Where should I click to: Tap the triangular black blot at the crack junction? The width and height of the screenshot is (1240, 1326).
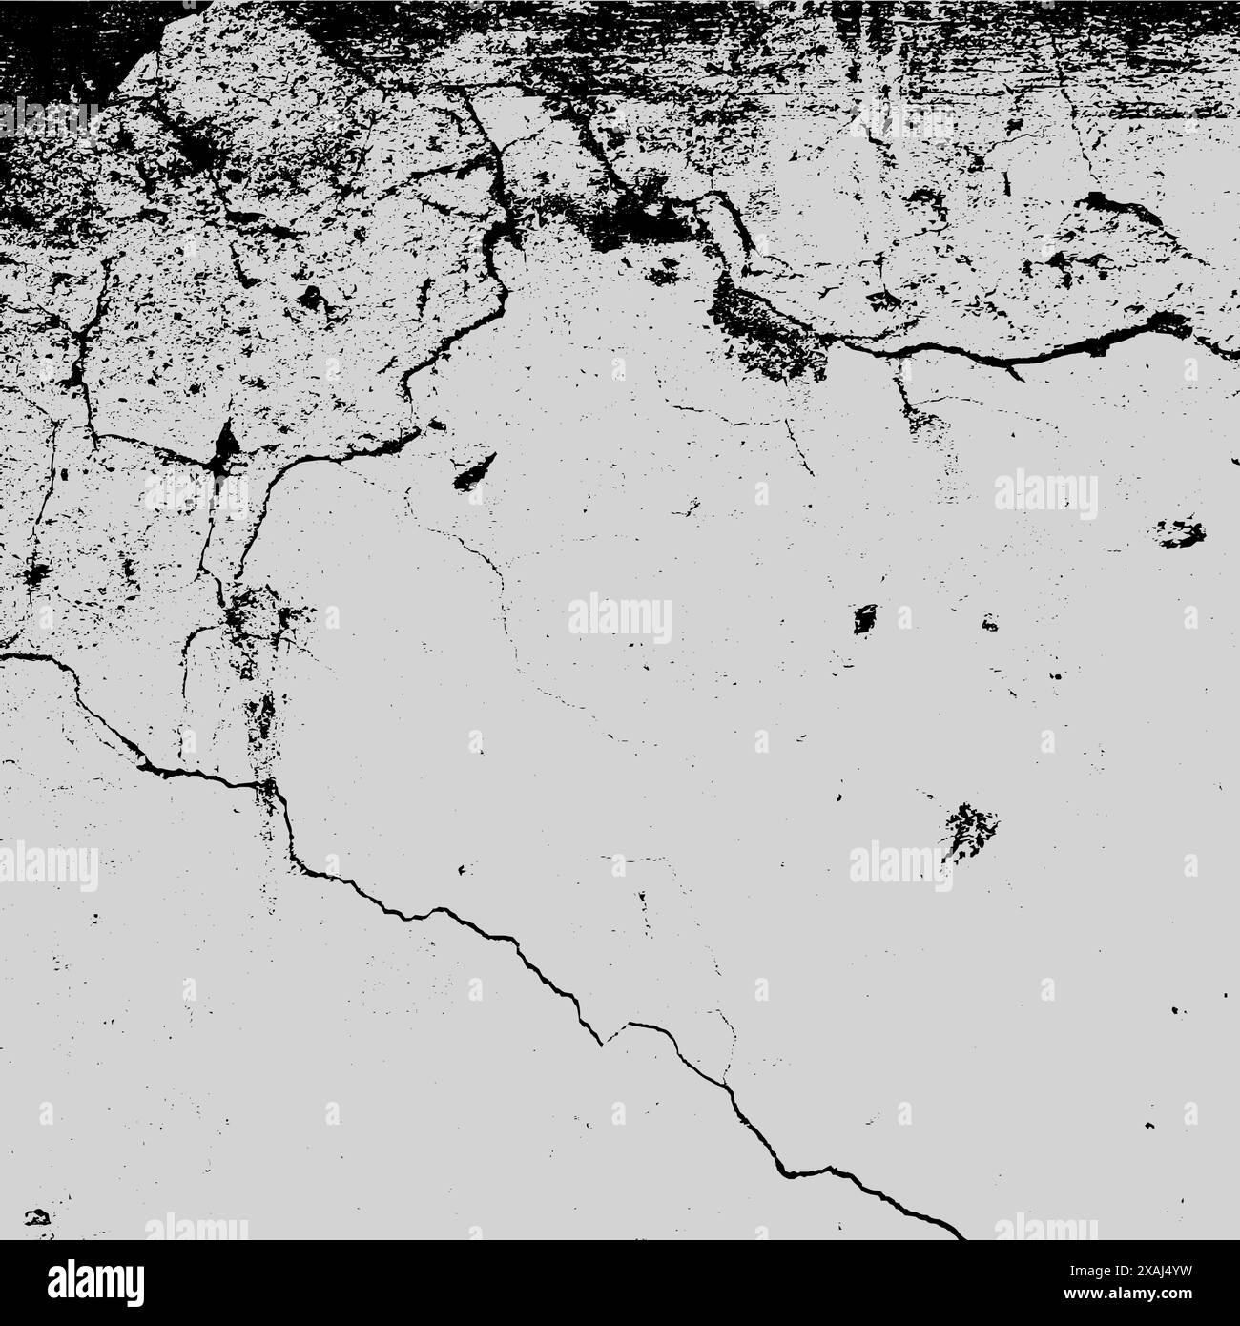(x=226, y=446)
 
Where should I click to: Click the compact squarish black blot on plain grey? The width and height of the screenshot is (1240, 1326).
(x=865, y=619)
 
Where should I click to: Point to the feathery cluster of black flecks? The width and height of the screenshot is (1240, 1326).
(x=970, y=824)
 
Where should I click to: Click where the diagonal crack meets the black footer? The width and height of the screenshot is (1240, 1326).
(x=959, y=1237)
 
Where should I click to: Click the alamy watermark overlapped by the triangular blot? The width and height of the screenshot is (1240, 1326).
(x=196, y=492)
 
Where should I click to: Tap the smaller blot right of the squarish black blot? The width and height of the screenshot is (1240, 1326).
(x=989, y=625)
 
